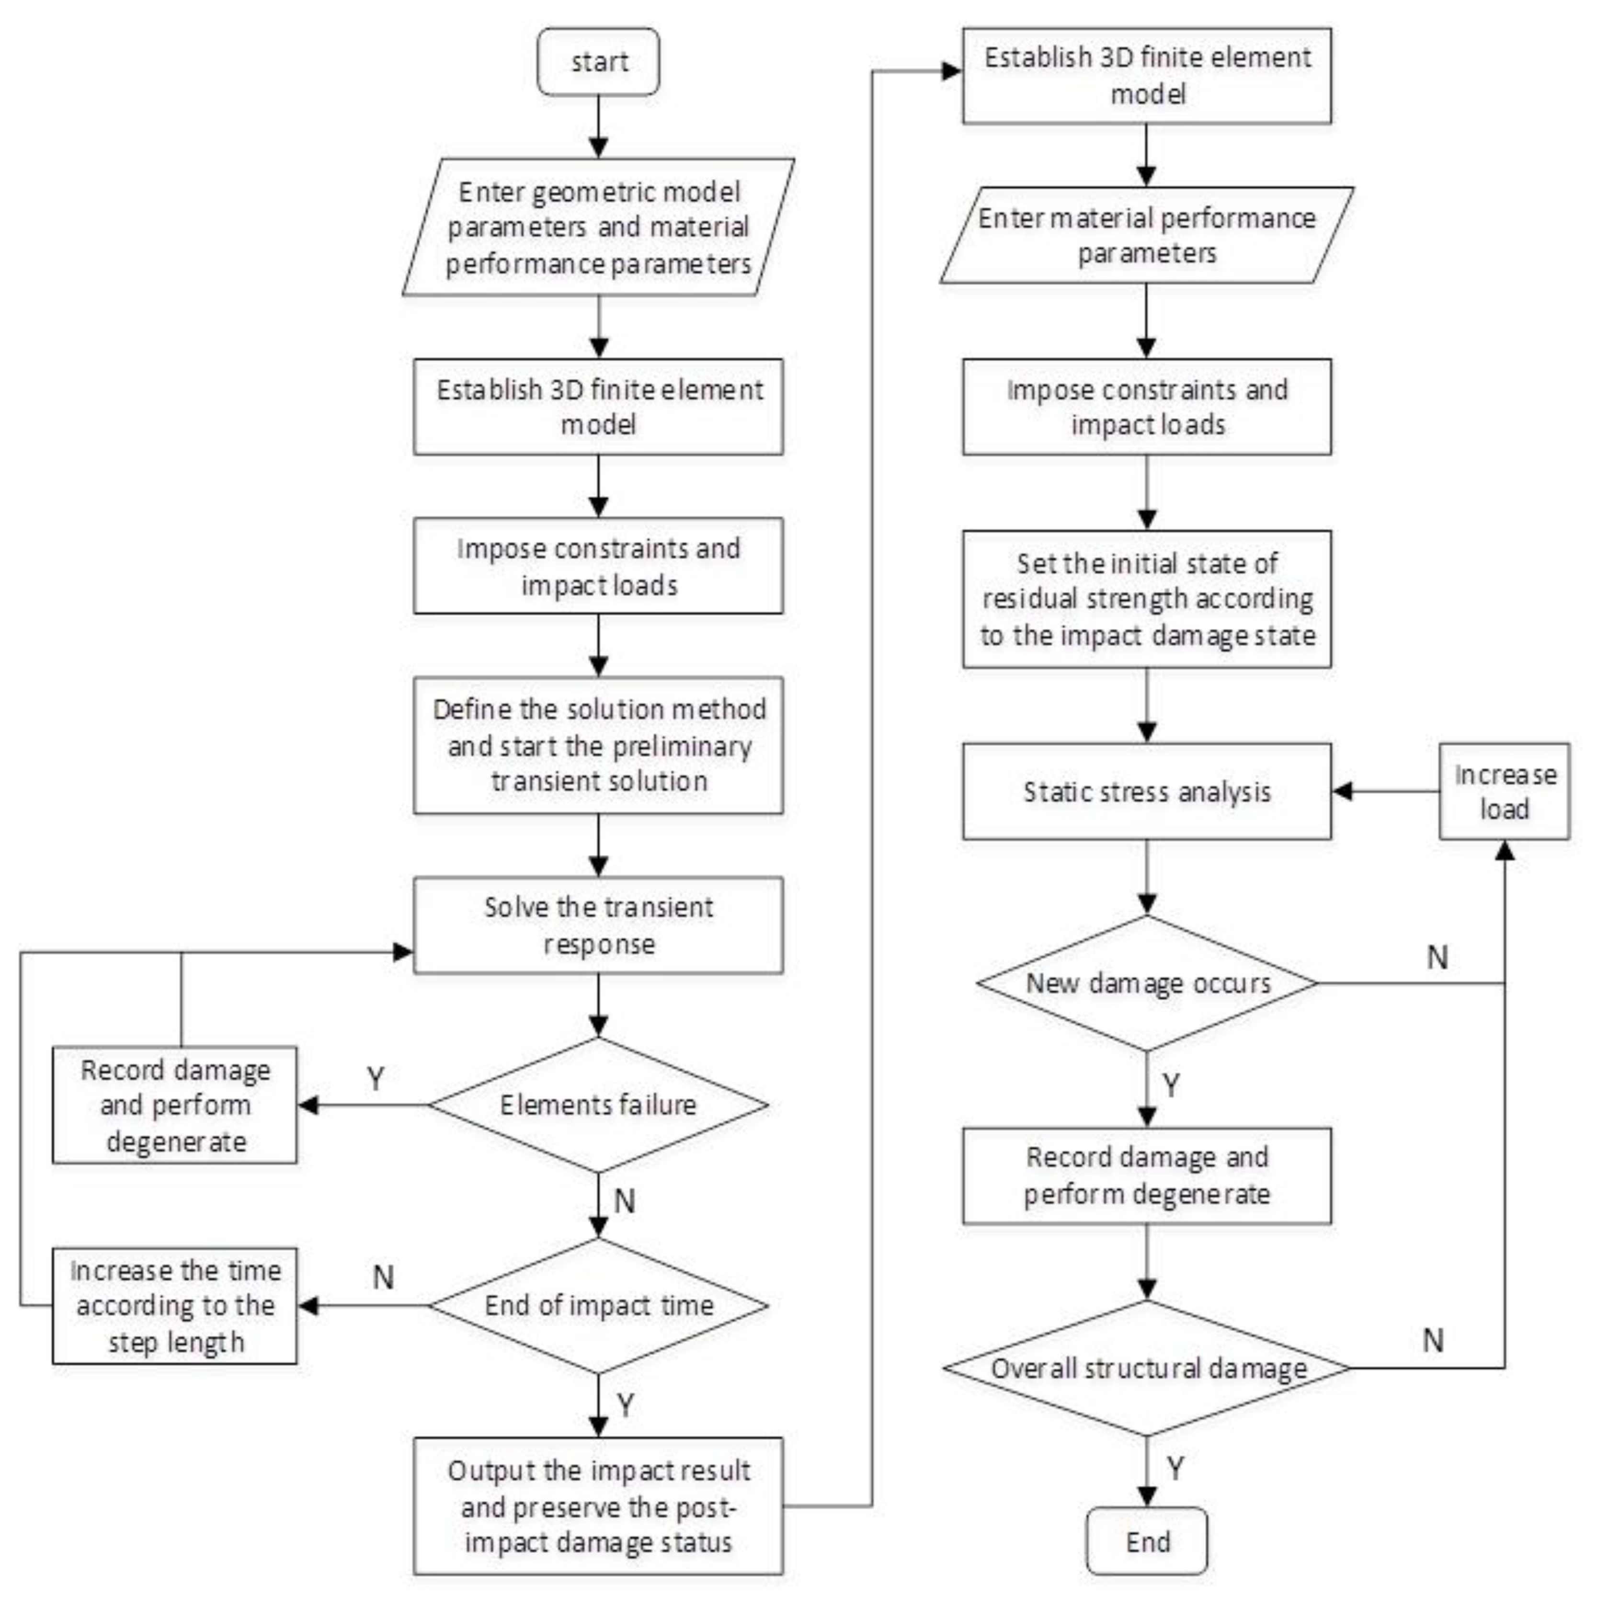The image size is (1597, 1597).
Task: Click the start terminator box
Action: pyautogui.click(x=598, y=62)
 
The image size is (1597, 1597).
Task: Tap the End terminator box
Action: pyautogui.click(x=1147, y=1541)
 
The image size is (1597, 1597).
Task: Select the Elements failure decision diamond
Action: pyautogui.click(x=598, y=1105)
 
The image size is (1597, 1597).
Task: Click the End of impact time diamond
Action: pyautogui.click(x=598, y=1305)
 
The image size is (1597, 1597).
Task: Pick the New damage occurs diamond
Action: pyautogui.click(x=1147, y=984)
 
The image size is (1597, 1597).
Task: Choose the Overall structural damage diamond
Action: pyautogui.click(x=1147, y=1368)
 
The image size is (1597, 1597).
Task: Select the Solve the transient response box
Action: pyautogui.click(x=598, y=925)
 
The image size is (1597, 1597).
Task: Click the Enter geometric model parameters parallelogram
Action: pyautogui.click(x=598, y=228)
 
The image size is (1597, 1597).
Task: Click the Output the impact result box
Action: pyautogui.click(x=598, y=1506)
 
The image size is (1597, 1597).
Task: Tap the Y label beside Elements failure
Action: pyautogui.click(x=375, y=1079)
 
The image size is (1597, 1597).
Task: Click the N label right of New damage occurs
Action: pyautogui.click(x=1437, y=957)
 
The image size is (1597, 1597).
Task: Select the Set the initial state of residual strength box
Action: pyautogui.click(x=1147, y=599)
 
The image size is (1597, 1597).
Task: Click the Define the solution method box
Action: pyautogui.click(x=598, y=746)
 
